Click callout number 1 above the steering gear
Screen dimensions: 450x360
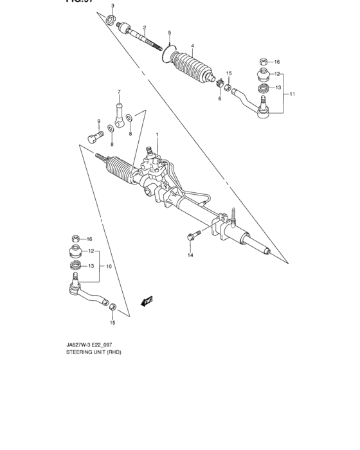point(156,134)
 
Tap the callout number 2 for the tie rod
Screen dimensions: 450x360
point(145,28)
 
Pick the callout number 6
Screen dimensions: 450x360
point(219,98)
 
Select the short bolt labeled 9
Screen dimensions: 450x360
point(96,136)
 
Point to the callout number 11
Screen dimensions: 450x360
point(292,94)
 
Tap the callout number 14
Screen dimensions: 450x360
point(190,256)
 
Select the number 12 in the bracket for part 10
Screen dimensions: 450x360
point(91,251)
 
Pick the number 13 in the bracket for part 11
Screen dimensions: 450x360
point(278,87)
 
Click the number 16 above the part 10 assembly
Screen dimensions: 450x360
point(89,239)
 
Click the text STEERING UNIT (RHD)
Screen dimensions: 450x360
point(93,352)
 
